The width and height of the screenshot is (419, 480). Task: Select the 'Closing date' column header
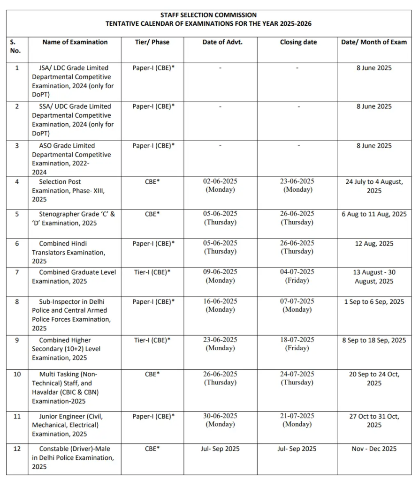pyautogui.click(x=298, y=42)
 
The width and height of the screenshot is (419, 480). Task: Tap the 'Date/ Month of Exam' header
pyautogui.click(x=373, y=42)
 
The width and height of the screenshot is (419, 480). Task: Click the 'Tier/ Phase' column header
pyautogui.click(x=152, y=42)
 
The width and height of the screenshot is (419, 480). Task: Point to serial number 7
pyautogui.click(x=17, y=272)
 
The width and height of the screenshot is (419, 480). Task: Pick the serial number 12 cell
pyautogui.click(x=17, y=449)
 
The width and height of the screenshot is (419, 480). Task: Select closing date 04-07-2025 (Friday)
pyautogui.click(x=297, y=276)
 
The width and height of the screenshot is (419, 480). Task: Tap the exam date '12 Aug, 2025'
pyautogui.click(x=374, y=244)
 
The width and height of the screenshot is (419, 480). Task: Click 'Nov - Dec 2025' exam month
pyautogui.click(x=374, y=449)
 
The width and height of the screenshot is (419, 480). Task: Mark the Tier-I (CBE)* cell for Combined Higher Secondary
pyautogui.click(x=152, y=340)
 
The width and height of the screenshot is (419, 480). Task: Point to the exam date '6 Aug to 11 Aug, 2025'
pyautogui.click(x=374, y=214)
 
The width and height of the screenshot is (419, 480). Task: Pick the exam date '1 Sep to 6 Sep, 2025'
pyautogui.click(x=374, y=302)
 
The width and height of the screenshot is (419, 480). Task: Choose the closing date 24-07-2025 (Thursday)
pyautogui.click(x=297, y=378)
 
